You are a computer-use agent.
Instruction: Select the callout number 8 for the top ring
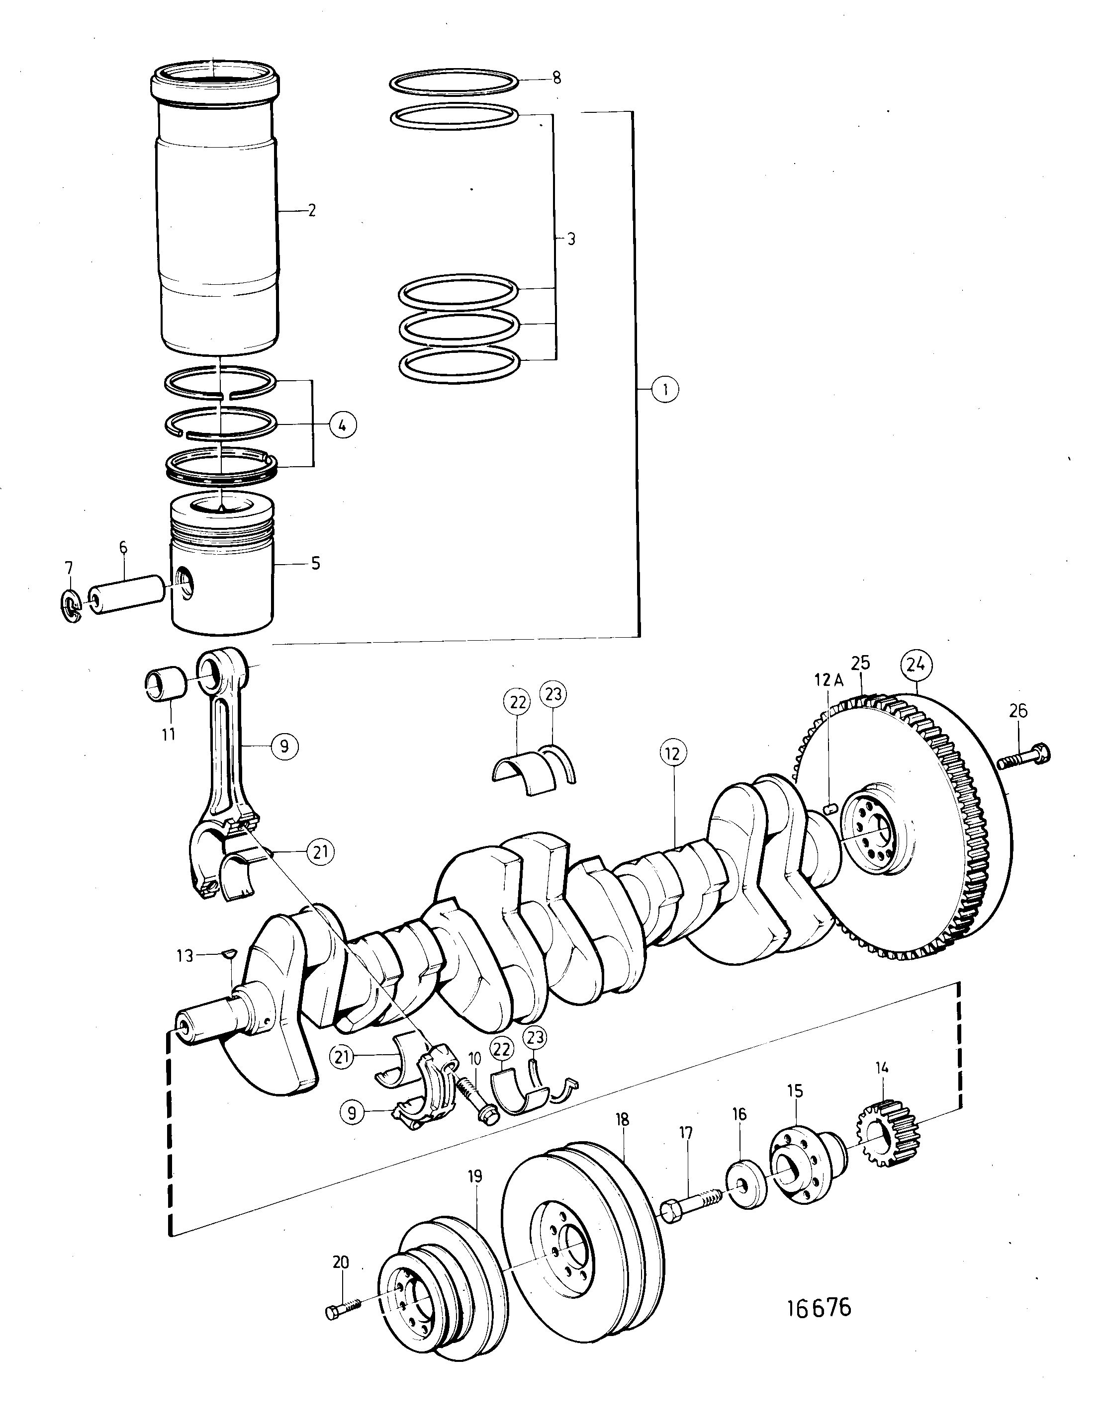click(x=556, y=78)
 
